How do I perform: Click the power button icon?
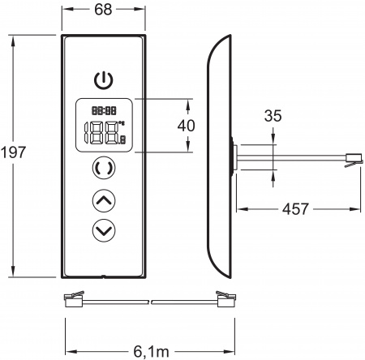(x=102, y=80)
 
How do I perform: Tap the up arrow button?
(x=102, y=199)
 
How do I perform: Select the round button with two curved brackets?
(x=102, y=169)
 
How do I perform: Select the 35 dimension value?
(x=273, y=116)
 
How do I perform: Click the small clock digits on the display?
(x=102, y=108)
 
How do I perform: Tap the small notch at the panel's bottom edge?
(x=102, y=277)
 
